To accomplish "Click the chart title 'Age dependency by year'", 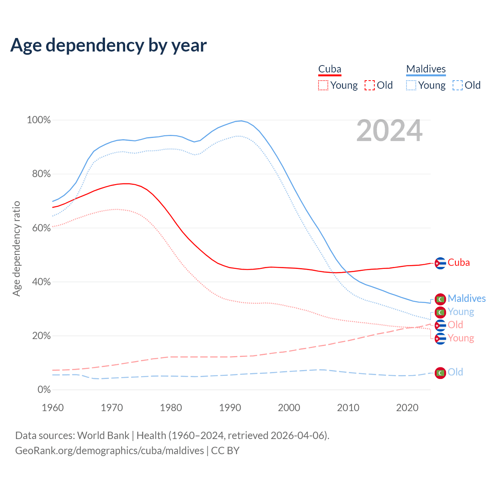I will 108,45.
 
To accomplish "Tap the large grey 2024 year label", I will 389,131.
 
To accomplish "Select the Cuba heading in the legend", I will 330,69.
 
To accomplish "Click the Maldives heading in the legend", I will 426,69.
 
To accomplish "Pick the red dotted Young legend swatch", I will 323,85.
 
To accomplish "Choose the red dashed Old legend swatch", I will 370,85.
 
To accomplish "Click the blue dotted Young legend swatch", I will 411,85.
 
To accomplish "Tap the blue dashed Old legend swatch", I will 458,85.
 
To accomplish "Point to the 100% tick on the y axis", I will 39,120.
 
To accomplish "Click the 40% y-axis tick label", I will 41,282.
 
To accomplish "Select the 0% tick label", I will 44,390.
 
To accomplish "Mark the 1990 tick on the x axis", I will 230,408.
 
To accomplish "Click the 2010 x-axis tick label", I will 348,408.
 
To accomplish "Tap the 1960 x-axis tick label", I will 53,408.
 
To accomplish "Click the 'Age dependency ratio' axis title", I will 16,248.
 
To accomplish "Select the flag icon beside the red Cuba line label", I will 440,263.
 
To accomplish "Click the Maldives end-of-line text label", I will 467,298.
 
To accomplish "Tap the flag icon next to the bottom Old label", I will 440,373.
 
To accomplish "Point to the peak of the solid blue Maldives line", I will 241,121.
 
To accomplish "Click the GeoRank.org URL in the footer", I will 109,451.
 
